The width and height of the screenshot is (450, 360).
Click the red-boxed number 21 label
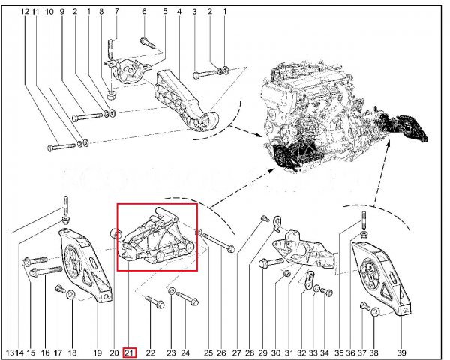pyautogui.click(x=130, y=352)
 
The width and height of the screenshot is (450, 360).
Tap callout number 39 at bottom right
pyautogui.click(x=401, y=352)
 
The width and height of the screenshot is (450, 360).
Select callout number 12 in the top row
pyautogui.click(x=25, y=12)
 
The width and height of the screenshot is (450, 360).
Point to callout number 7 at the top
pyautogui.click(x=116, y=11)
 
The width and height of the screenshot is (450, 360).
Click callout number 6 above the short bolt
pyautogui.click(x=144, y=11)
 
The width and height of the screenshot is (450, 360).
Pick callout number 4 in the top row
pyautogui.click(x=179, y=12)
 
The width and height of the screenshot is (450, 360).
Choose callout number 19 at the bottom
pyautogui.click(x=97, y=352)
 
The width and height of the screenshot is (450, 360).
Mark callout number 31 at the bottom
pyautogui.click(x=289, y=352)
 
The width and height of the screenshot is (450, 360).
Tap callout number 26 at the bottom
pyautogui.click(x=221, y=352)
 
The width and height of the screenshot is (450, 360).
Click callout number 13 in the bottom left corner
pyautogui.click(x=10, y=352)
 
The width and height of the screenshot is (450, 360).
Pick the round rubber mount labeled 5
pyautogui.click(x=128, y=70)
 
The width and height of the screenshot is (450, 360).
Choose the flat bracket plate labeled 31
pyautogui.click(x=304, y=247)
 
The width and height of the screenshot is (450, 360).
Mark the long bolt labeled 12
pyautogui.click(x=61, y=147)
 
